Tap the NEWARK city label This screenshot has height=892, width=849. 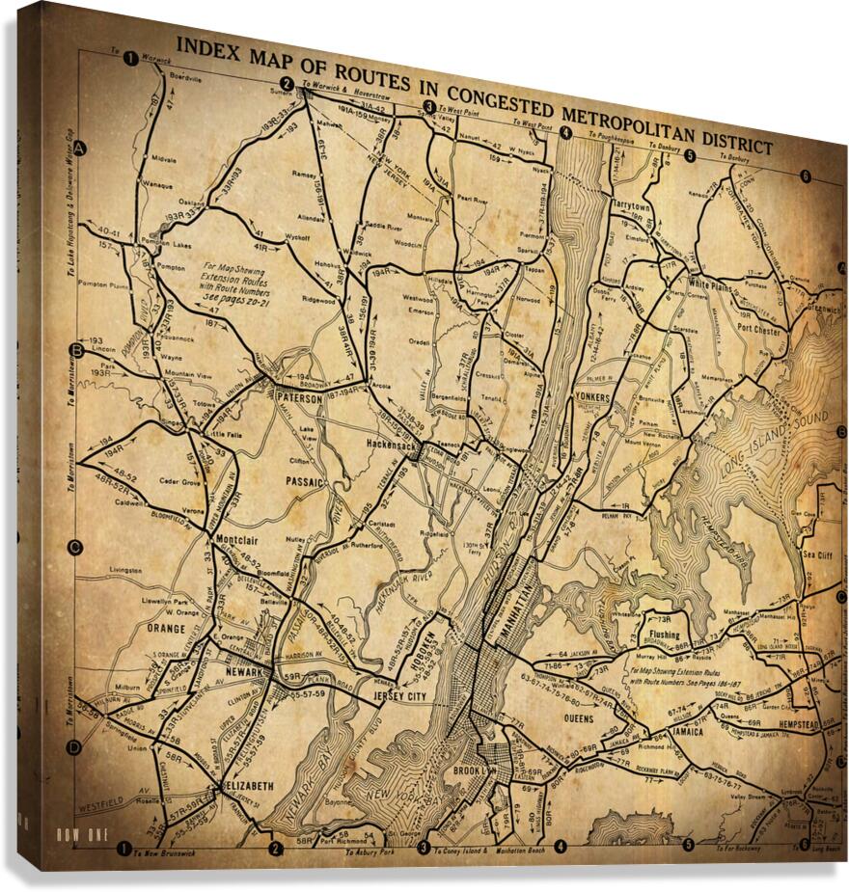245,671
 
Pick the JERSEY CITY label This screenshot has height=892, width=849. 399,695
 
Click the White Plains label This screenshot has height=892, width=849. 711,286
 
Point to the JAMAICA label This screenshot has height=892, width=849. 688,731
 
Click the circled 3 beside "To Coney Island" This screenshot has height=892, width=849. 423,848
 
